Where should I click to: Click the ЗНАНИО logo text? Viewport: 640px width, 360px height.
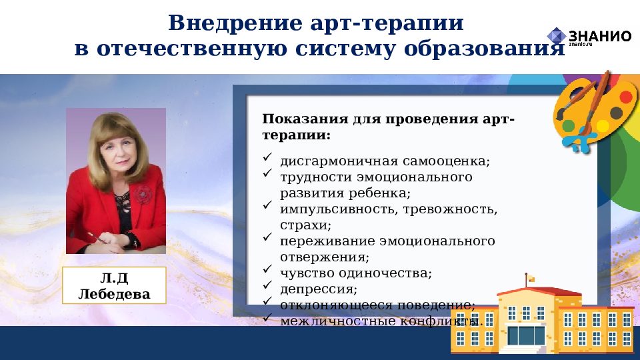point(599,36)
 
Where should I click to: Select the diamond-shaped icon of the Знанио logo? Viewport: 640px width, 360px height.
point(556,36)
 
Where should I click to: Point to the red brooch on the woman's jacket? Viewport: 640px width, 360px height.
point(141,194)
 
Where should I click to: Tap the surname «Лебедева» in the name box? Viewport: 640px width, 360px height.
point(114,294)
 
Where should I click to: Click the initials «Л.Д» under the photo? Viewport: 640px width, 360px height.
point(114,278)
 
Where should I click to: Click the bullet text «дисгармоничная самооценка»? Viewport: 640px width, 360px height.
point(385,161)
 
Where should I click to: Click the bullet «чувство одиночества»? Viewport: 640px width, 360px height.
point(356,273)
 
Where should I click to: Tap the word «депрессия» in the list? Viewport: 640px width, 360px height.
point(318,289)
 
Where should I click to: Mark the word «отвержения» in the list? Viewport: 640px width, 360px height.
point(324,257)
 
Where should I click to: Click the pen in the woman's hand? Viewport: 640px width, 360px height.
point(93,238)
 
